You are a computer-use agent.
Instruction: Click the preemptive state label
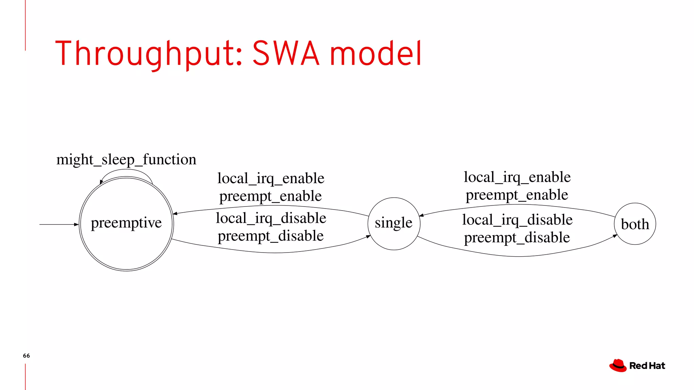coord(126,223)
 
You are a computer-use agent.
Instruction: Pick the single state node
coord(394,223)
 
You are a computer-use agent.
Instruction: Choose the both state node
coord(635,224)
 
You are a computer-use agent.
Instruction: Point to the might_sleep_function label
coord(126,159)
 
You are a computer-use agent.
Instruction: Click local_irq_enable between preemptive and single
coord(271,178)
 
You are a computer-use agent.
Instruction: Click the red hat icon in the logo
coord(618,366)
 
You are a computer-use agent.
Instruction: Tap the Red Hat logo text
coord(647,366)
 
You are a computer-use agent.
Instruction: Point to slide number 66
coord(26,356)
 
